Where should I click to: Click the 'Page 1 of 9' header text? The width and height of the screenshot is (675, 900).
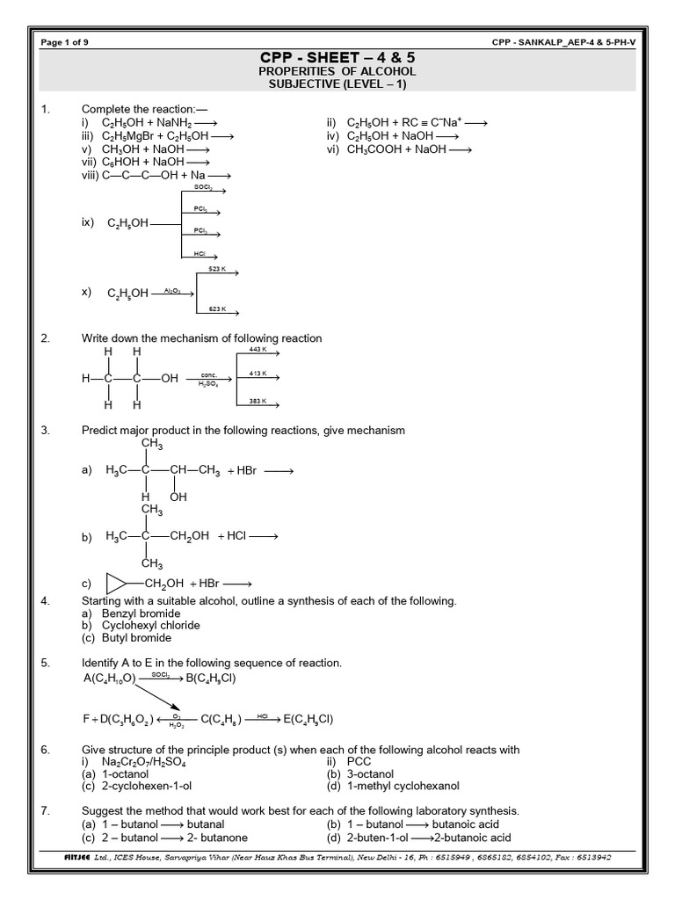click(66, 42)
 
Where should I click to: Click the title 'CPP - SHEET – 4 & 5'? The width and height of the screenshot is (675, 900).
click(337, 57)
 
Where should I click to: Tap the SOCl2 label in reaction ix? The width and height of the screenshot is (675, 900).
click(201, 187)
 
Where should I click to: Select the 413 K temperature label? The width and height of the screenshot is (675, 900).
click(257, 374)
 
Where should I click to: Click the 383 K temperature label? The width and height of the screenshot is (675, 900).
click(257, 401)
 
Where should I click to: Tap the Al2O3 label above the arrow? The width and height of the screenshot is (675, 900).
click(171, 288)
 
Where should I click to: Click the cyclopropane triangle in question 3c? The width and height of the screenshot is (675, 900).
click(116, 584)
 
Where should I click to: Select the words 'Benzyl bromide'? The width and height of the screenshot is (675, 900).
click(141, 613)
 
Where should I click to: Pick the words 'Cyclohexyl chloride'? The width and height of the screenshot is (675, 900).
click(150, 625)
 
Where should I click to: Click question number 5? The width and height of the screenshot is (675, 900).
click(45, 662)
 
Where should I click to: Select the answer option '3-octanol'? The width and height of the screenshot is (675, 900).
click(376, 773)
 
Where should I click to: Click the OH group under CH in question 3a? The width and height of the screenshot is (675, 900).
click(178, 497)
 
